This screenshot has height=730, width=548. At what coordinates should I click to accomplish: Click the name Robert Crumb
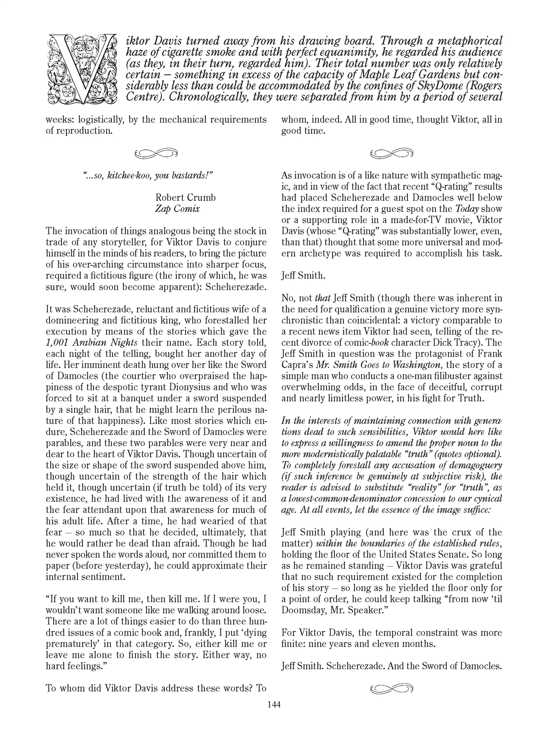tap(185, 197)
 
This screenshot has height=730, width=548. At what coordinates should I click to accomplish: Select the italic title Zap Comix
tap(177, 209)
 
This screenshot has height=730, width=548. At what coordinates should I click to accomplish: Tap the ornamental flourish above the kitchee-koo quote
tap(156, 153)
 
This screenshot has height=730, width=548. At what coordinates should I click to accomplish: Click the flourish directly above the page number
tap(392, 688)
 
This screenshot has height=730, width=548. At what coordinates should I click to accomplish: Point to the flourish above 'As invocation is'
tap(392, 153)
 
